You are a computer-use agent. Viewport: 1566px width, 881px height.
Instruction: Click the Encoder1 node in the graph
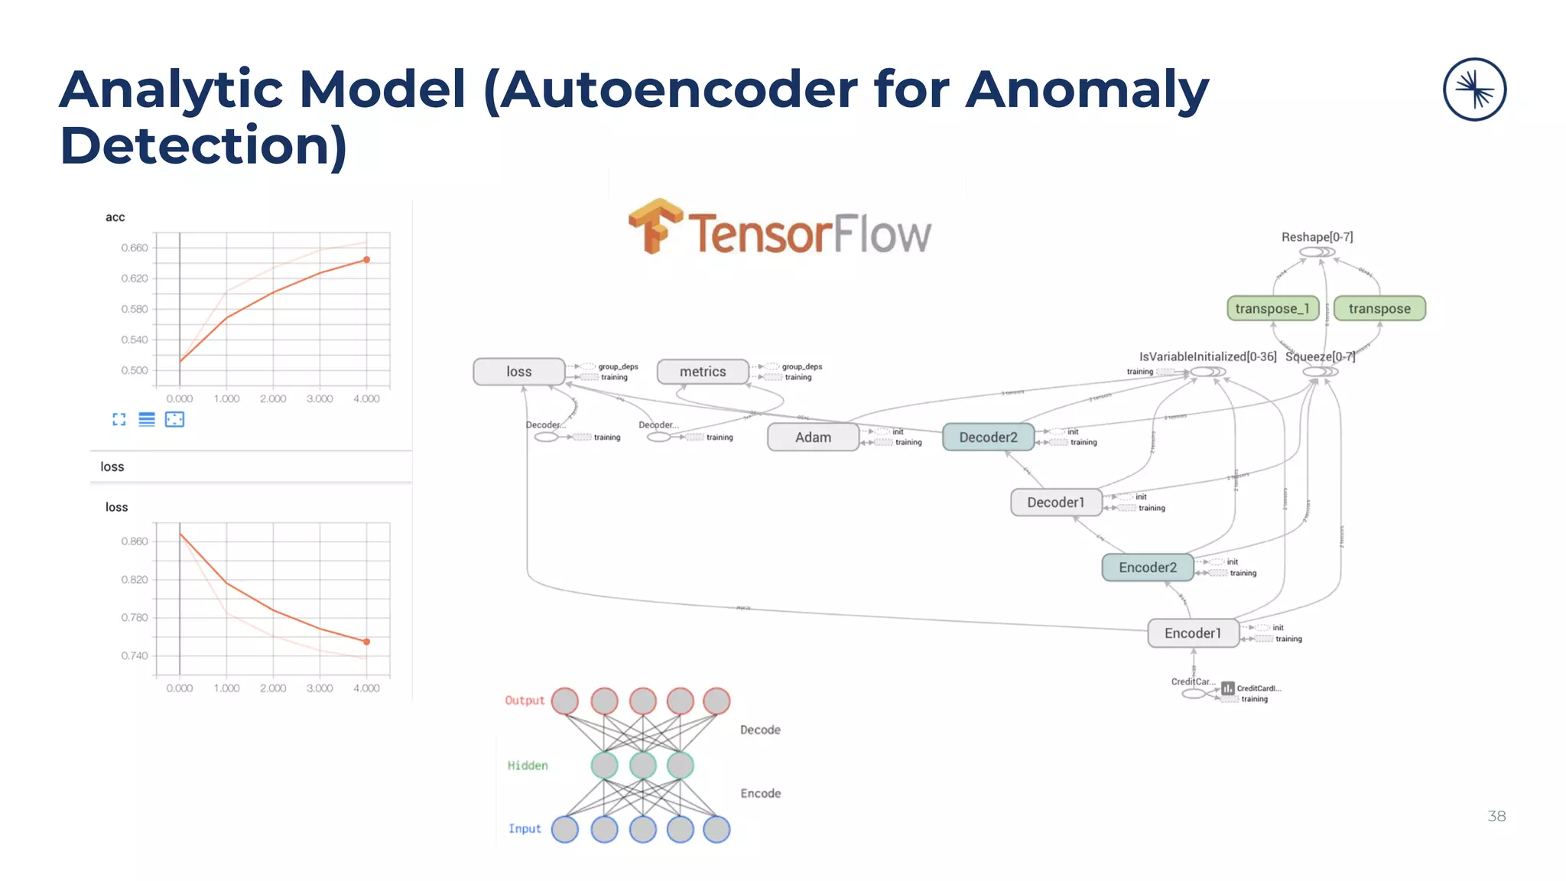tap(1193, 633)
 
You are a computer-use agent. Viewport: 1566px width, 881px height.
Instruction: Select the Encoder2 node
tap(1147, 567)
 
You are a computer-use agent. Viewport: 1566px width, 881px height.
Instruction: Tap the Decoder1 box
tap(1055, 502)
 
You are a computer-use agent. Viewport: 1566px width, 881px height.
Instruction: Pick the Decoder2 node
tap(988, 437)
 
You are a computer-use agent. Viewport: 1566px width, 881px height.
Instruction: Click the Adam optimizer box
tap(813, 437)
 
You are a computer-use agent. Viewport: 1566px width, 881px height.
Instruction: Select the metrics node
tap(703, 372)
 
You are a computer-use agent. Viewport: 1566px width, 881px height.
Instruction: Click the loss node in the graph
tap(518, 372)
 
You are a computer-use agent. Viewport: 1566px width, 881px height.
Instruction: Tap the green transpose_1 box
tap(1272, 308)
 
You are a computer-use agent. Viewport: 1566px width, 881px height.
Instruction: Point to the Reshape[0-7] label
tap(1317, 237)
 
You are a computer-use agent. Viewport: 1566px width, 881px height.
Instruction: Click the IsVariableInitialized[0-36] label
tap(1207, 356)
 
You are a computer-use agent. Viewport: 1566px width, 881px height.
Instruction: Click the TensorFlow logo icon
tap(655, 226)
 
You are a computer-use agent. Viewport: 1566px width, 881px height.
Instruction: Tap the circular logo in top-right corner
tap(1474, 89)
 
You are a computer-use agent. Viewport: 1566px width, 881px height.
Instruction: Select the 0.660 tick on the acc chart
tap(135, 248)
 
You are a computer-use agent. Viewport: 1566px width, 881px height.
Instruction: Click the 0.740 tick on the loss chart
tap(135, 655)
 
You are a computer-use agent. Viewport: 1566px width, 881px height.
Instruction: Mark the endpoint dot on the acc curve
tap(366, 260)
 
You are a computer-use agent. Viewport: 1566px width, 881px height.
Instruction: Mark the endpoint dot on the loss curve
tap(366, 642)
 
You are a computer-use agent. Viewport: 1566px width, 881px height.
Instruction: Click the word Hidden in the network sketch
tap(528, 766)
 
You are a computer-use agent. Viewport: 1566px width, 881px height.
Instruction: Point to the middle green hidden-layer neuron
tap(642, 765)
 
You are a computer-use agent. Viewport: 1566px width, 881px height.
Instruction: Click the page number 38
tap(1496, 816)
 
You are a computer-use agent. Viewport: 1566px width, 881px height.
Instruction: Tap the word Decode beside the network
tap(760, 730)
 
